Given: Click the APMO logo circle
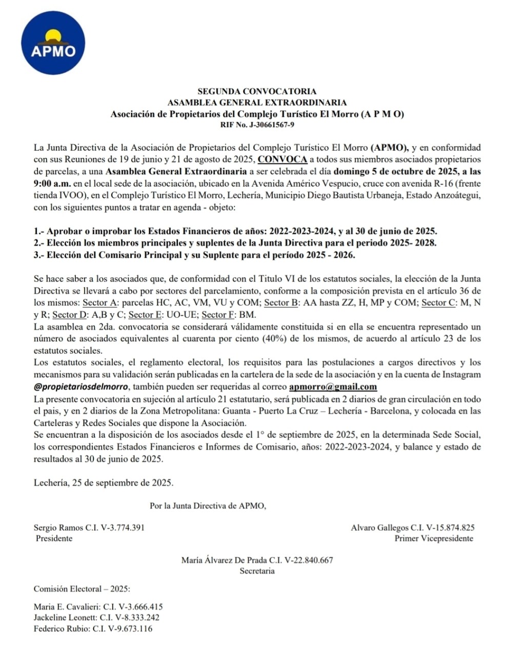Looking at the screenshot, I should (x=53, y=45).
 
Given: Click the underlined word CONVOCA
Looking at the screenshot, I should (x=282, y=159).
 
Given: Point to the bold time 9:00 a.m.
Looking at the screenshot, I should (x=51, y=183).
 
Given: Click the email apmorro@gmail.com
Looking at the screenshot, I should (x=333, y=387).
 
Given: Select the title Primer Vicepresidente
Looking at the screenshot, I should (x=434, y=539).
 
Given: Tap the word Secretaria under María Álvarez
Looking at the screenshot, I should (x=257, y=571).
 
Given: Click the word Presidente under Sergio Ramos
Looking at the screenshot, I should (x=54, y=539).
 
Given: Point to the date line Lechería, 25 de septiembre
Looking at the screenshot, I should (x=104, y=483).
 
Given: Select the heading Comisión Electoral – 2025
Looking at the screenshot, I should (x=82, y=589).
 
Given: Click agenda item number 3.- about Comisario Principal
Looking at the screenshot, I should (x=194, y=255).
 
